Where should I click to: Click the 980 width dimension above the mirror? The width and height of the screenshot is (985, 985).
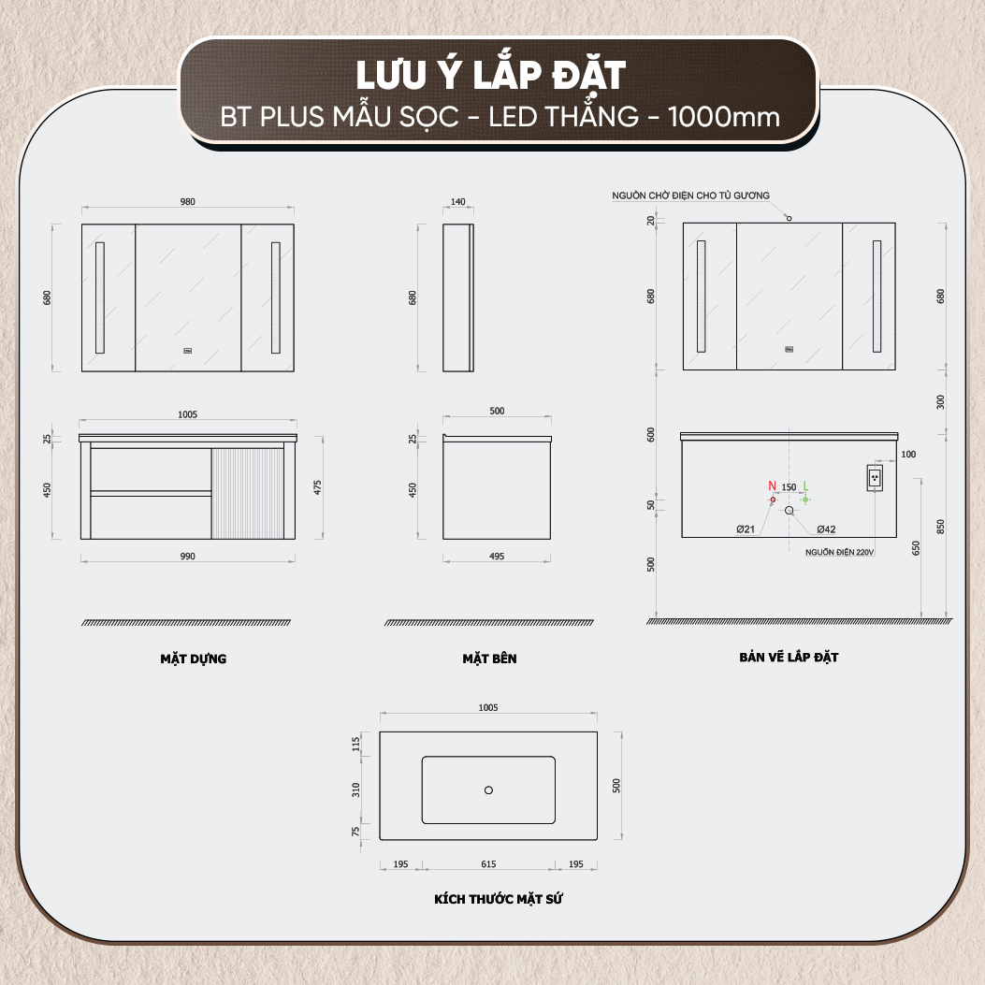coord(187,202)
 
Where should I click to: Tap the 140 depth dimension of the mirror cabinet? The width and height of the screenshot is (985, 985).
coord(458,202)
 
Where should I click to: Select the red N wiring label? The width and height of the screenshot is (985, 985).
coord(772,485)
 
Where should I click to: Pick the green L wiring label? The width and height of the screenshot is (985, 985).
coord(805,485)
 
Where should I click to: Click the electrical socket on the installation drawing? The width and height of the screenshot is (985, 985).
coord(875,478)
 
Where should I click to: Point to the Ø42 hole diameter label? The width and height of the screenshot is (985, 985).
coord(826,529)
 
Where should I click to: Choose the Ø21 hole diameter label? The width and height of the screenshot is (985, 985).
coord(745,529)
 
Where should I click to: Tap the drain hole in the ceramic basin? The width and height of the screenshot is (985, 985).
coord(488,790)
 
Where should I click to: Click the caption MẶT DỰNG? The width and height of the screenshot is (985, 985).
coord(193,659)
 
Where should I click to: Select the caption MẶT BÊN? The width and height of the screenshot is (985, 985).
coord(489,659)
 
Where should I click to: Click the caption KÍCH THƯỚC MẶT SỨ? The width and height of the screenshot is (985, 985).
coord(499,899)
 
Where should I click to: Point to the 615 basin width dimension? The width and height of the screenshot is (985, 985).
coord(488,864)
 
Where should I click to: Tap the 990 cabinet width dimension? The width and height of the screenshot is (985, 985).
coord(187,557)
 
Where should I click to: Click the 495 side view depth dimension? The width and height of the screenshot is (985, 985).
coord(497,557)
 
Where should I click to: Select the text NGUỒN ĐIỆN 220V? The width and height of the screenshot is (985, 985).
coord(839,552)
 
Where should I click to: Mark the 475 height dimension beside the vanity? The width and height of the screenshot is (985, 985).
coord(318,487)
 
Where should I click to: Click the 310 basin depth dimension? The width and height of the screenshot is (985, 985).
coord(356,790)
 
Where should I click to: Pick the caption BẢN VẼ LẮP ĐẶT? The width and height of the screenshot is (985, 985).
coord(789,657)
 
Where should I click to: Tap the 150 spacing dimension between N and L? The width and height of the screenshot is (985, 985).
coord(789,486)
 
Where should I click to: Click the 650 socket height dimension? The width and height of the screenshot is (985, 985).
coord(916,548)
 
